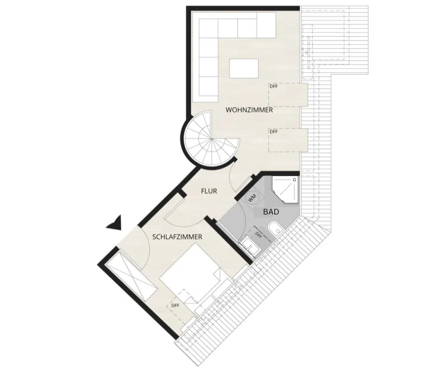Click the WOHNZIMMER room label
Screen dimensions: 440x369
point(249,110)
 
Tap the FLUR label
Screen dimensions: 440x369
point(209,191)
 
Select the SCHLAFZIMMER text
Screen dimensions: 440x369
point(177,237)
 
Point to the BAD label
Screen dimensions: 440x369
point(271,212)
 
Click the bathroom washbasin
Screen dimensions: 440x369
point(249,244)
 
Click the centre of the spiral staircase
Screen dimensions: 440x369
point(211,139)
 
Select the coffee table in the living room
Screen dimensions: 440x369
point(244,68)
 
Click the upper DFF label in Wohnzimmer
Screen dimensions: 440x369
point(274,87)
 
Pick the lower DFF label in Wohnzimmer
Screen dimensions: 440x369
point(274,132)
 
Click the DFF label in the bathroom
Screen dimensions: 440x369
point(258,235)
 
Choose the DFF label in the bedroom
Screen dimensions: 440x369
point(175,305)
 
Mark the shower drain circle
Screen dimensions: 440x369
point(294,179)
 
